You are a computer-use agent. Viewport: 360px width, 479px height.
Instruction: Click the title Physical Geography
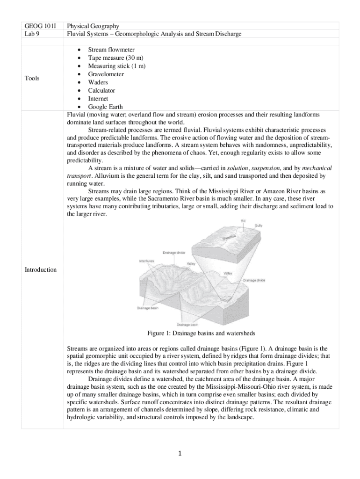click(x=93, y=26)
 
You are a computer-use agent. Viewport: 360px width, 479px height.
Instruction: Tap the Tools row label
click(x=33, y=78)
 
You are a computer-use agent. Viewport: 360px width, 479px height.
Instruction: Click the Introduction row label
click(x=41, y=270)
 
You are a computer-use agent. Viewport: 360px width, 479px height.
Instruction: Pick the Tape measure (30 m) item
click(x=115, y=58)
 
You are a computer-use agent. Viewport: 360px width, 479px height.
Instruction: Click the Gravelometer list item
click(x=106, y=74)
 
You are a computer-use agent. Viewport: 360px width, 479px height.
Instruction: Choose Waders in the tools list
click(x=98, y=82)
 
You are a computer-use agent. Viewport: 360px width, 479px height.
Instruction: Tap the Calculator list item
click(x=101, y=91)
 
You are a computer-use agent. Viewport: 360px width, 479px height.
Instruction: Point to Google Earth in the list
click(x=105, y=107)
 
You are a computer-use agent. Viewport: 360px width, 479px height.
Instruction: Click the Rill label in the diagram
click(x=243, y=220)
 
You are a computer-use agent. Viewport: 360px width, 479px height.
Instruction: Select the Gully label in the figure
click(x=259, y=225)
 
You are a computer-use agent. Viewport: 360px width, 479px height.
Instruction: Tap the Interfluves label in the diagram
click(x=147, y=261)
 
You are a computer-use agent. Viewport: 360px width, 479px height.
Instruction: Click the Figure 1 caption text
click(x=201, y=334)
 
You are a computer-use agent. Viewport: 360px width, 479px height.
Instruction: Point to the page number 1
click(x=180, y=453)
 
